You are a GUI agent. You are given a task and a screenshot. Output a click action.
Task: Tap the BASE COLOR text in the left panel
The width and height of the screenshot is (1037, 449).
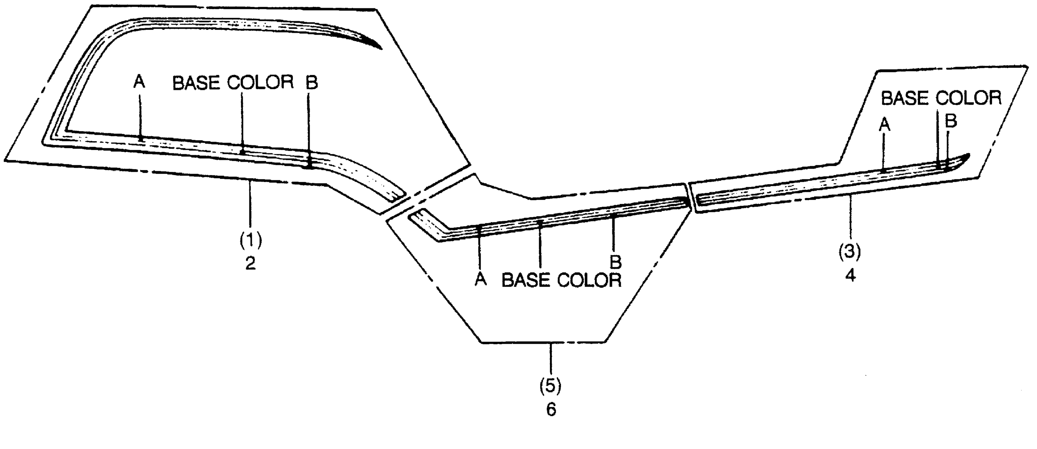(x=233, y=83)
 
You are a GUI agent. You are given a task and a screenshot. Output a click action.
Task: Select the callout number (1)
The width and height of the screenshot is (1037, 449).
(x=250, y=241)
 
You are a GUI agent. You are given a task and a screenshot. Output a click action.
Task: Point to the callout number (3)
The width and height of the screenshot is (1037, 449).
(x=849, y=252)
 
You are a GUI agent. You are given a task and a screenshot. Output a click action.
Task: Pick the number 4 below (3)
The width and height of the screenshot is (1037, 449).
(x=850, y=275)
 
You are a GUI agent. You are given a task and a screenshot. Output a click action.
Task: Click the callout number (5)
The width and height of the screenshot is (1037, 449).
(x=550, y=386)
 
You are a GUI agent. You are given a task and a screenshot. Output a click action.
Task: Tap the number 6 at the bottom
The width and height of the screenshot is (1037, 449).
(x=551, y=410)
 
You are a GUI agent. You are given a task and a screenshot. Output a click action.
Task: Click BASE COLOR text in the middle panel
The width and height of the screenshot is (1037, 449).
(x=561, y=280)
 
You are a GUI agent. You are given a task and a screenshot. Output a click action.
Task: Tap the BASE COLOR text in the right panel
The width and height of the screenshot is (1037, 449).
(x=941, y=98)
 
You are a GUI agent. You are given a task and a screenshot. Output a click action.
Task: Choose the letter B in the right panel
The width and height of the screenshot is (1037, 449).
(x=951, y=121)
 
